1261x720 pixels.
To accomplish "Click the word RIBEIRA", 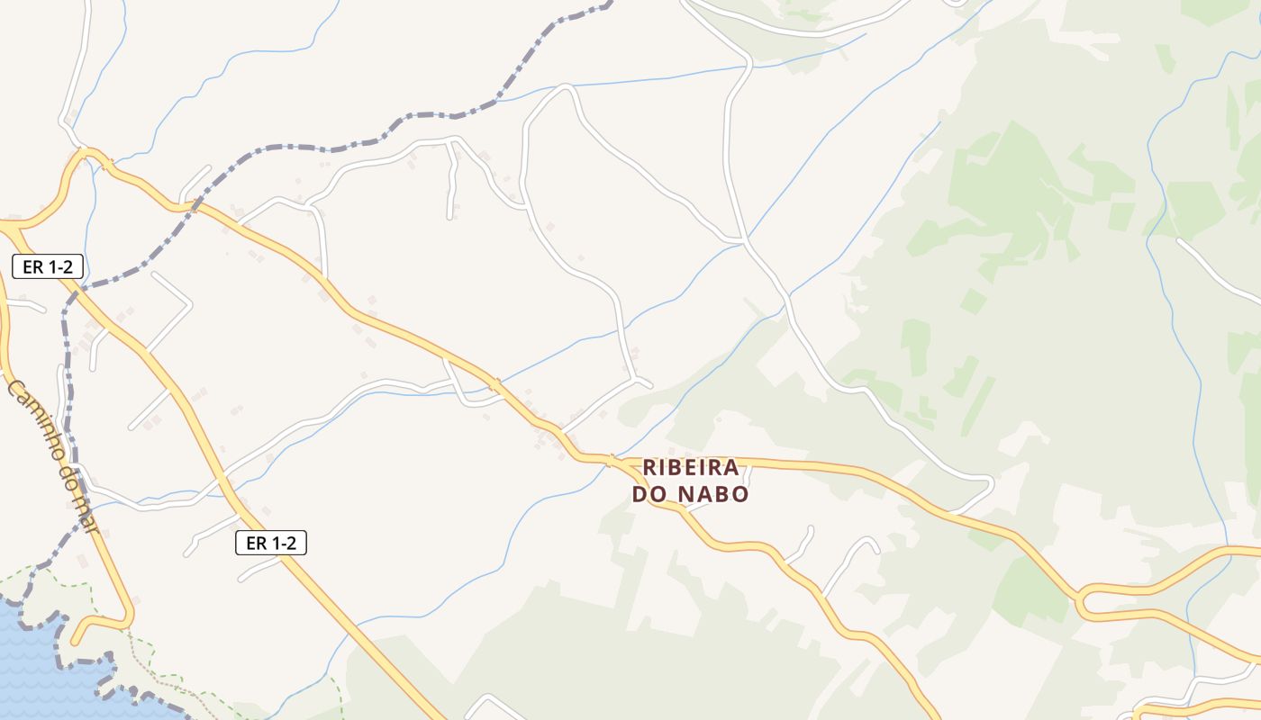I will coord(691,468).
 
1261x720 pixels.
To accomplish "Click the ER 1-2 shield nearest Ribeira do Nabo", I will coord(271,543).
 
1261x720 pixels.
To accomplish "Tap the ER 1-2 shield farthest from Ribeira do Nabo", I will coord(48,266).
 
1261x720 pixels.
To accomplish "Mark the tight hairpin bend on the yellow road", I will coord(1080,604).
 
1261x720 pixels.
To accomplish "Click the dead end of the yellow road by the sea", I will coord(75,641).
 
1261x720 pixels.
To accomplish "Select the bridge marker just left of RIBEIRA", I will coord(611,461).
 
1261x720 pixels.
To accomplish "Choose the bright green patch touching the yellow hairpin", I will coord(1027,589).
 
